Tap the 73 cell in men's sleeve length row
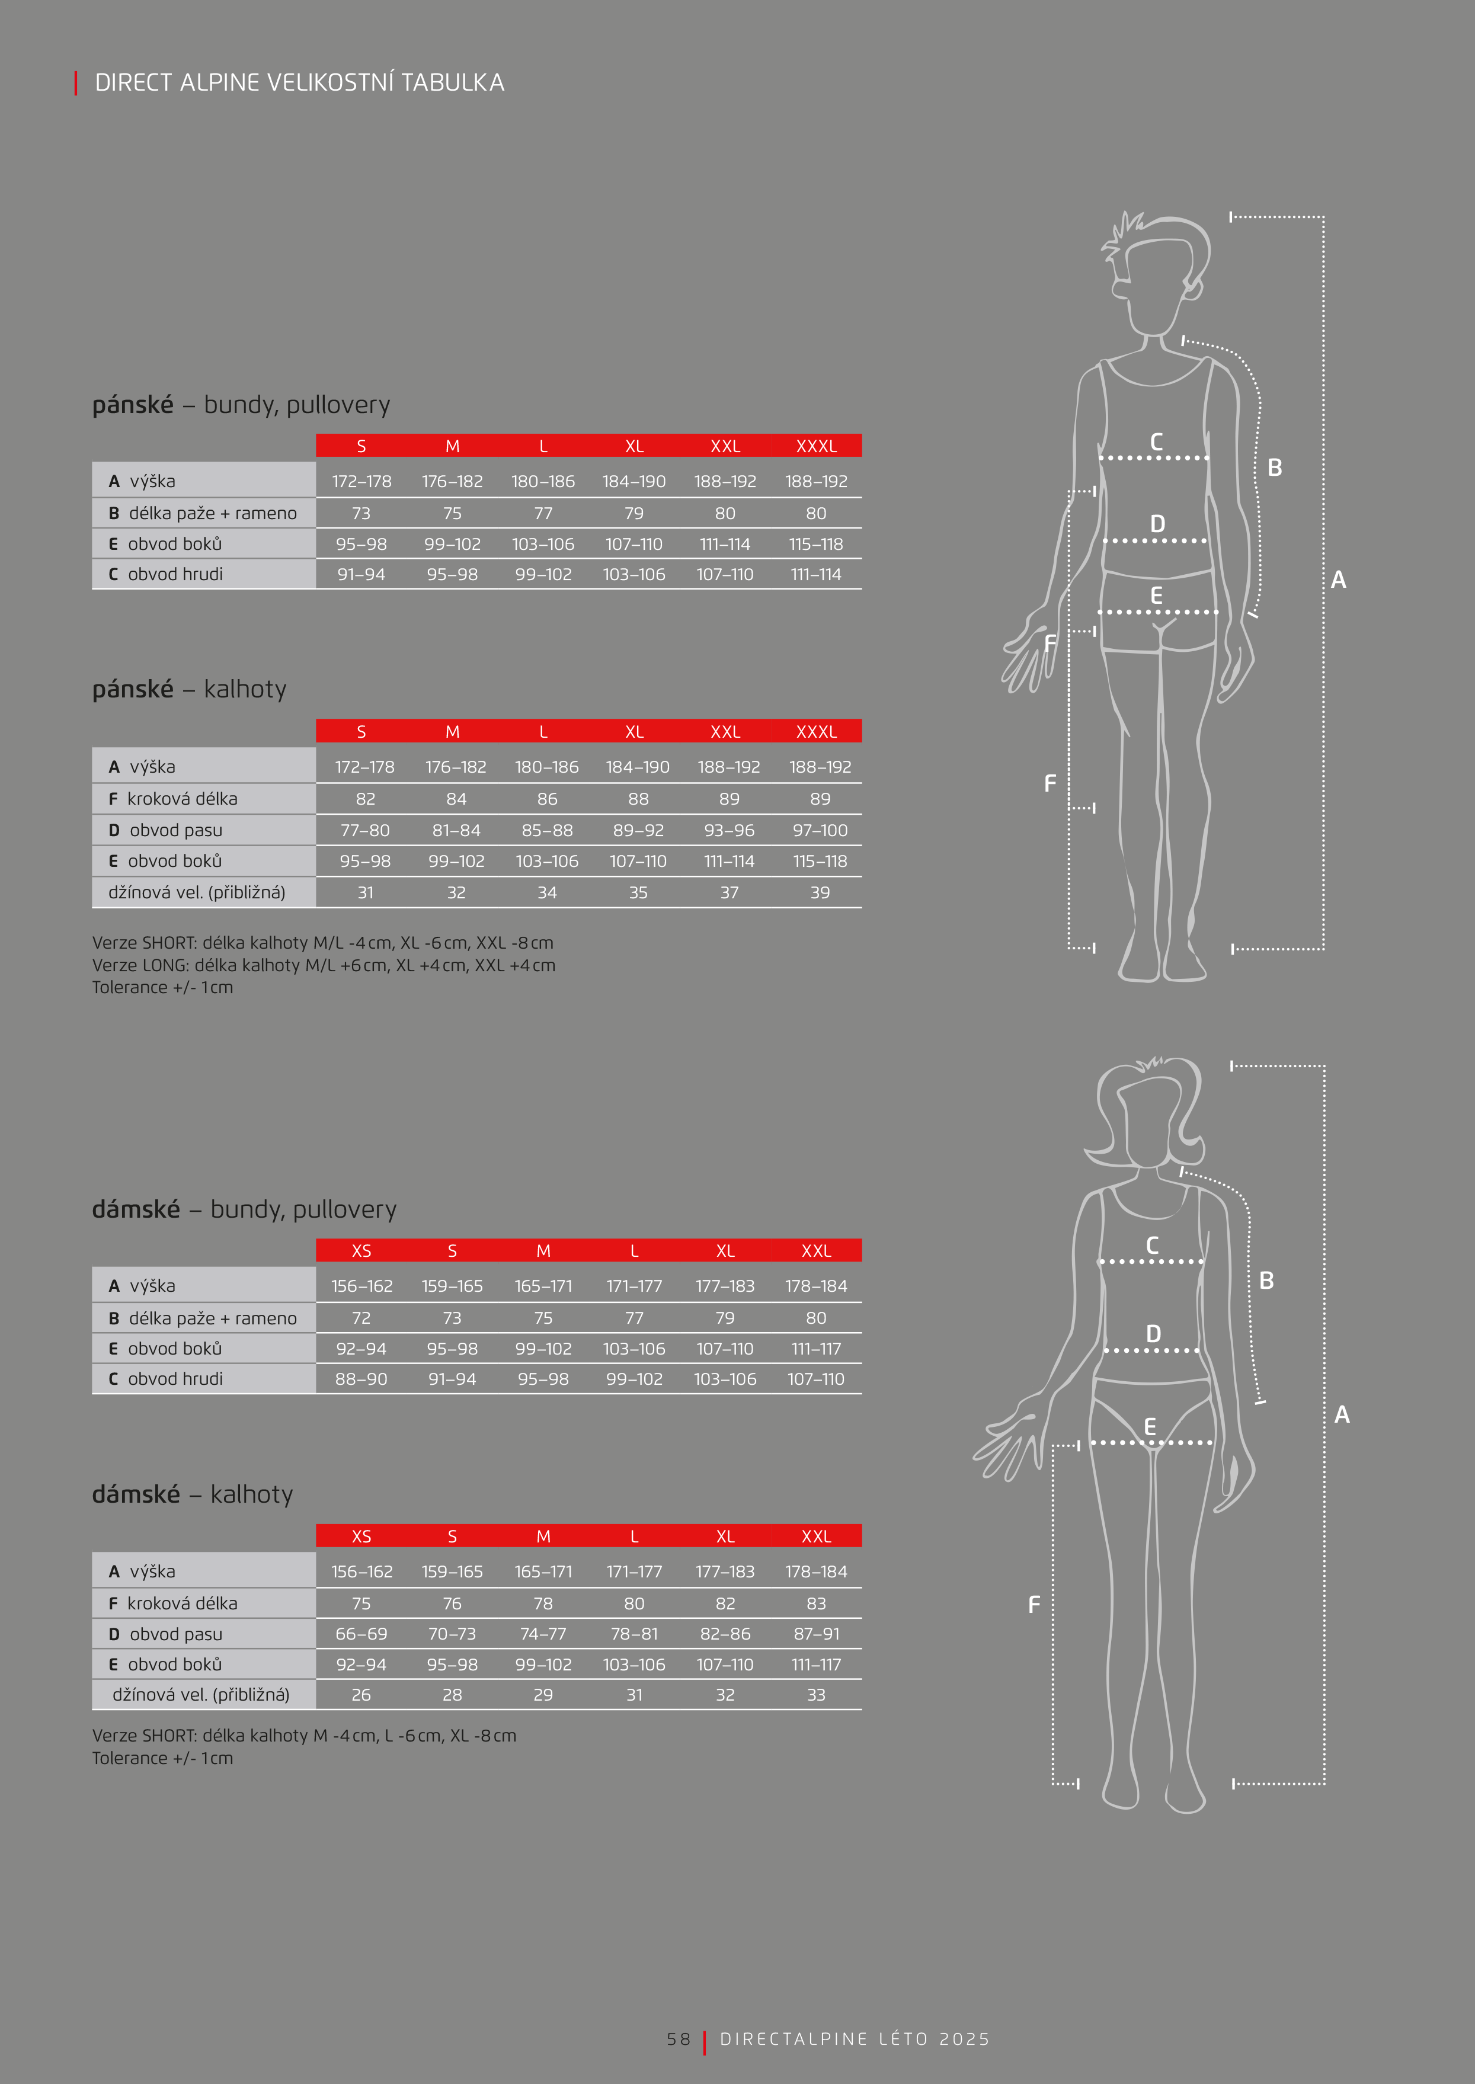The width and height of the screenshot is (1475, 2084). pyautogui.click(x=361, y=513)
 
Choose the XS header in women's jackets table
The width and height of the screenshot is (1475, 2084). pyautogui.click(x=361, y=1250)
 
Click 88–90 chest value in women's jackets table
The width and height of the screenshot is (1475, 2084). pyautogui.click(x=361, y=1378)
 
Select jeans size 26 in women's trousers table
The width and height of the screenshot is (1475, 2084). pyautogui.click(x=361, y=1695)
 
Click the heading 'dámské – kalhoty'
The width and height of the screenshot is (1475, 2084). pyautogui.click(x=193, y=1494)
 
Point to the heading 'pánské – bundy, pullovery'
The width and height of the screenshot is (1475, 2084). pyautogui.click(x=241, y=404)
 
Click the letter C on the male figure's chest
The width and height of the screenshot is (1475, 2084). pyautogui.click(x=1156, y=442)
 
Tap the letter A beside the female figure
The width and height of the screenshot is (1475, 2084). pyautogui.click(x=1342, y=1414)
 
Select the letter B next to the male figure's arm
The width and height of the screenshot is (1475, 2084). pyautogui.click(x=1274, y=468)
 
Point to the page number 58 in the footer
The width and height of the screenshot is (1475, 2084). pyautogui.click(x=679, y=2038)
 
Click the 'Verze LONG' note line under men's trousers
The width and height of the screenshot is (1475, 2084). pyautogui.click(x=324, y=965)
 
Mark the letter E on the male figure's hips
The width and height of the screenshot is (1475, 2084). pyautogui.click(x=1156, y=596)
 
